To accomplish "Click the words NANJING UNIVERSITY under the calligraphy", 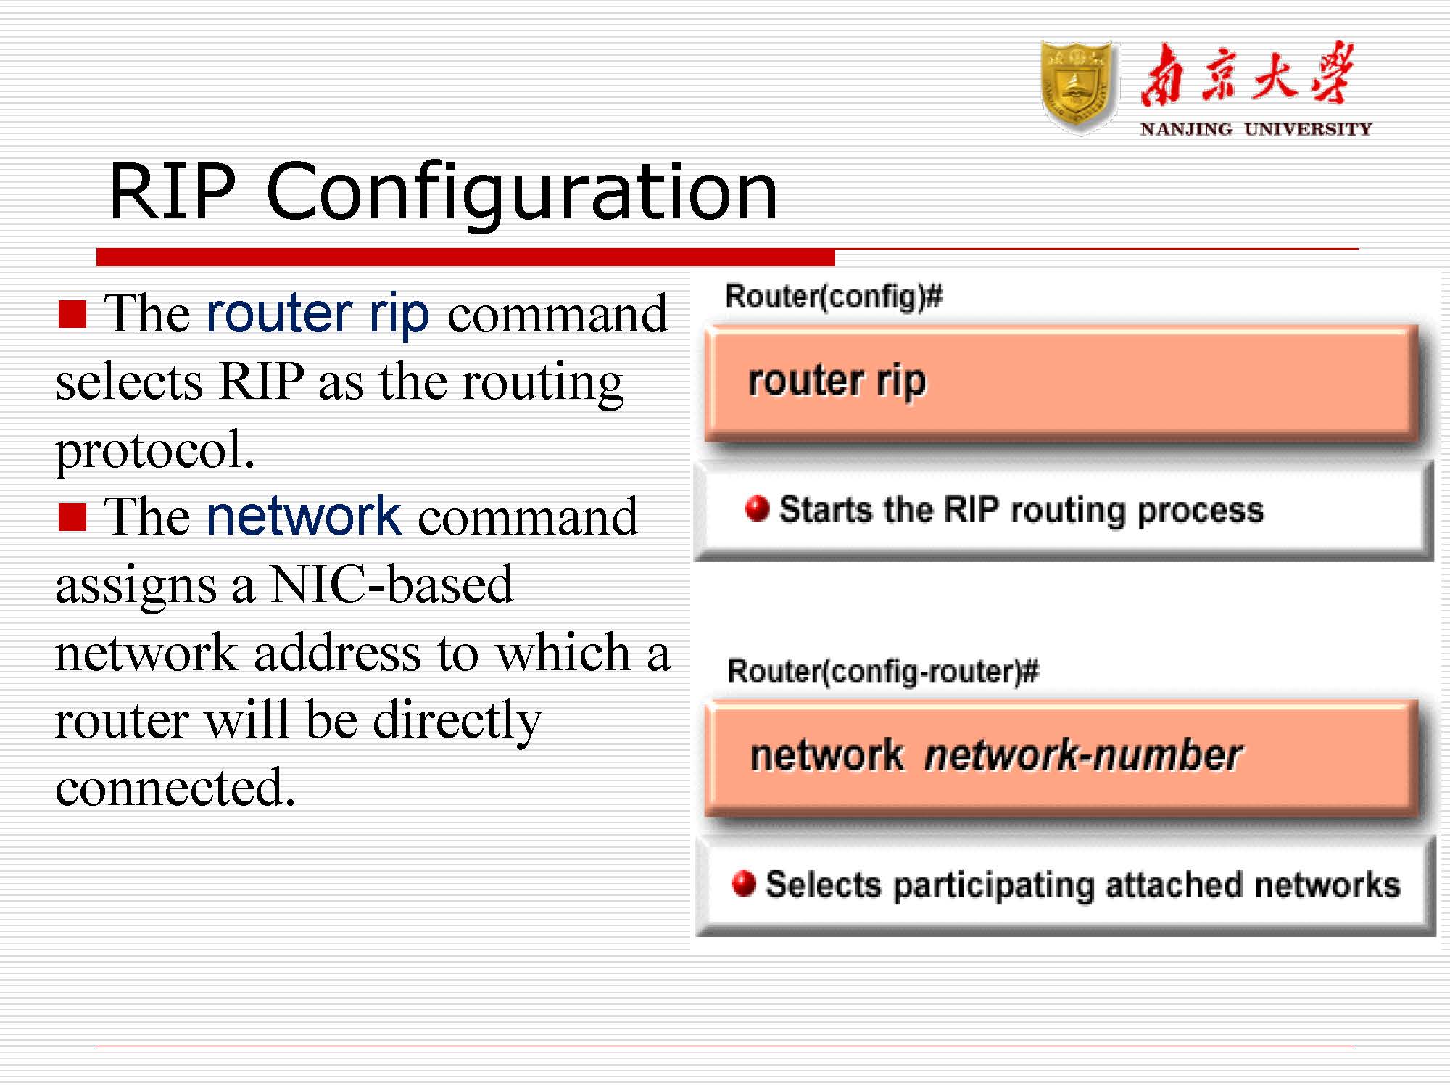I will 1255,130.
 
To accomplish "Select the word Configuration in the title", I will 522,192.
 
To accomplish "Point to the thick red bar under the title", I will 465,257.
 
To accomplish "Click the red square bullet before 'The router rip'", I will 72,314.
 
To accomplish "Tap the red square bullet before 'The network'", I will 72,517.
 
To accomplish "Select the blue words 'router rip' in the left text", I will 318,313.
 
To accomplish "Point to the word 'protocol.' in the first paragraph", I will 155,450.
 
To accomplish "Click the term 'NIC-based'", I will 391,585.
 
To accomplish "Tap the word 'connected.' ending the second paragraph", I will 175,788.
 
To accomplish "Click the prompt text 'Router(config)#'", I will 834,297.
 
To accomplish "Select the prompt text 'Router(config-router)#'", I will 882,671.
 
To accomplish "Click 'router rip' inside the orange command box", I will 837,381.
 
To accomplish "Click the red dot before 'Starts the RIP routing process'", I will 756,508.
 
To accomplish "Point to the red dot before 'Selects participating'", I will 743,883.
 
